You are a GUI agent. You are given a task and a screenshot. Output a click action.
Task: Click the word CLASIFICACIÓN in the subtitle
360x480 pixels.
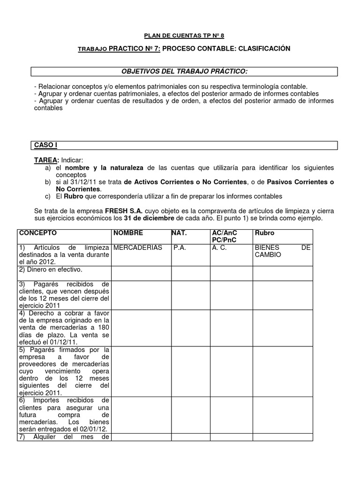[x=266, y=49]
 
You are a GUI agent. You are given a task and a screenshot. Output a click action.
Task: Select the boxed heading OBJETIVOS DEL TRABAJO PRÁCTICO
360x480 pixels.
[x=184, y=71]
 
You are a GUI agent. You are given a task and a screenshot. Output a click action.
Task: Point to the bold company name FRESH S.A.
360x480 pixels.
[x=112, y=211]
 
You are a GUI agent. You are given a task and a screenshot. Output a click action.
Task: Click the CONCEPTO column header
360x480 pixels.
[x=38, y=233]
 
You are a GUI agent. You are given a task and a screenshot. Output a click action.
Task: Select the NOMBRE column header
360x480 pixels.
[x=128, y=233]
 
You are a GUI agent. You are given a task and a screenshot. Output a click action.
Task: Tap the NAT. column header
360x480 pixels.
[x=180, y=233]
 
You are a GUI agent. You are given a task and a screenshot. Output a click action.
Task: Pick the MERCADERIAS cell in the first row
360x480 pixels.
[x=138, y=247]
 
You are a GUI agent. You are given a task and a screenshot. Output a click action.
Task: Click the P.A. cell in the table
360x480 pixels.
[x=180, y=247]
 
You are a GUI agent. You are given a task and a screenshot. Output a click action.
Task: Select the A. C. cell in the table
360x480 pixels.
[x=219, y=247]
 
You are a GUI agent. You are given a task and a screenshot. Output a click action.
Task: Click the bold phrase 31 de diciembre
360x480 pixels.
[x=150, y=219]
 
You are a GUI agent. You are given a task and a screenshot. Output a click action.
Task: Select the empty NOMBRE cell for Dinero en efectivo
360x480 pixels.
[x=140, y=273]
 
